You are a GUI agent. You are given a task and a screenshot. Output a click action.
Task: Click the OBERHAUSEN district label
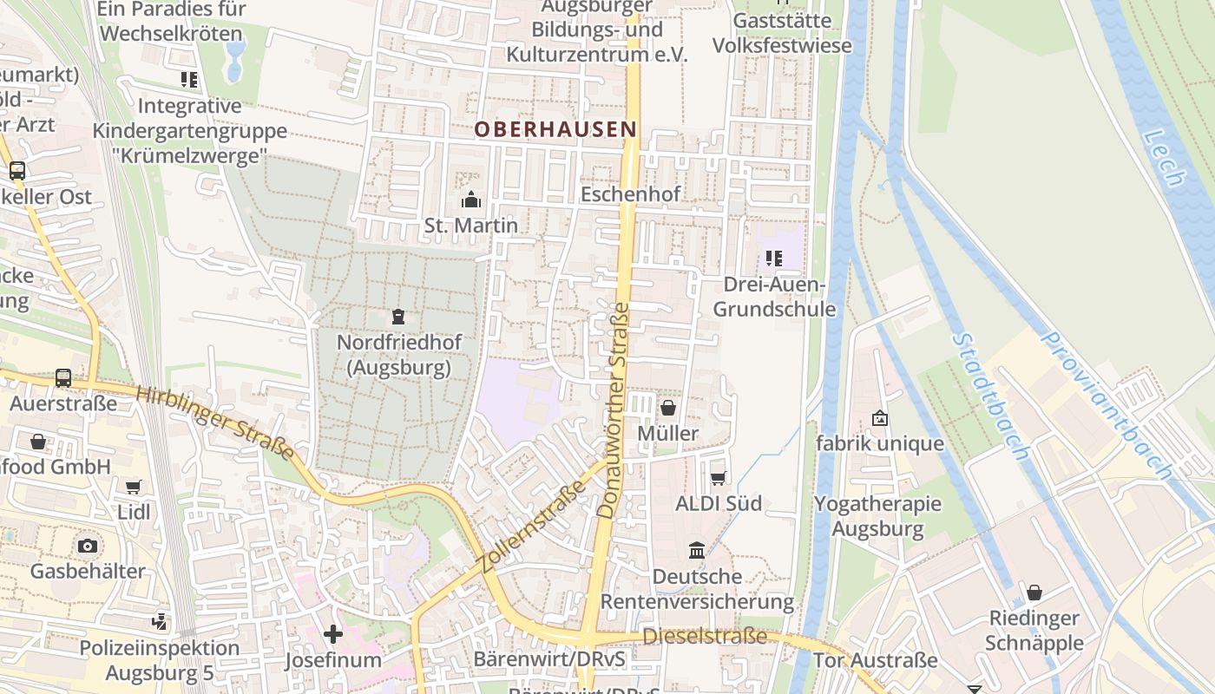click(x=555, y=130)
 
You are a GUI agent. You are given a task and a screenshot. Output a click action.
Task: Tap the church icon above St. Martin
click(x=471, y=200)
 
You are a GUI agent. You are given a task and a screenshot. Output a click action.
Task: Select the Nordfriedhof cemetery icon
click(x=398, y=317)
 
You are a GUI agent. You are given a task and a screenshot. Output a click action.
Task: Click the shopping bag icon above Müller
click(x=668, y=407)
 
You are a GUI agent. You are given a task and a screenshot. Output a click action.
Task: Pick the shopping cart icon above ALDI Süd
click(x=718, y=478)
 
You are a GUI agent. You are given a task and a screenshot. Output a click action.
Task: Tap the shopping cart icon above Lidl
click(x=133, y=487)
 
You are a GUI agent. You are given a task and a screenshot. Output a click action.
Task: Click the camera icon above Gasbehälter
click(x=87, y=546)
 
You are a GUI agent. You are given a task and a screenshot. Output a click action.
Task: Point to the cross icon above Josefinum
click(x=333, y=634)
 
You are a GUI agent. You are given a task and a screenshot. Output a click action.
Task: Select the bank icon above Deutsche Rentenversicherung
click(x=697, y=550)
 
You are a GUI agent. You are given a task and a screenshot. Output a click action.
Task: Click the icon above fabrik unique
click(x=879, y=418)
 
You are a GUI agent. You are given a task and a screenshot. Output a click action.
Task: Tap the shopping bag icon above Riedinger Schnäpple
click(x=1034, y=593)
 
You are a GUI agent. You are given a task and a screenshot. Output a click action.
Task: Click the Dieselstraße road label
click(x=705, y=637)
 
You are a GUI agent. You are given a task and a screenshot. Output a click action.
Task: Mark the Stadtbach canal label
click(x=990, y=396)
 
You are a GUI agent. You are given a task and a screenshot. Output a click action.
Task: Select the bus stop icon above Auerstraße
click(x=63, y=377)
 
